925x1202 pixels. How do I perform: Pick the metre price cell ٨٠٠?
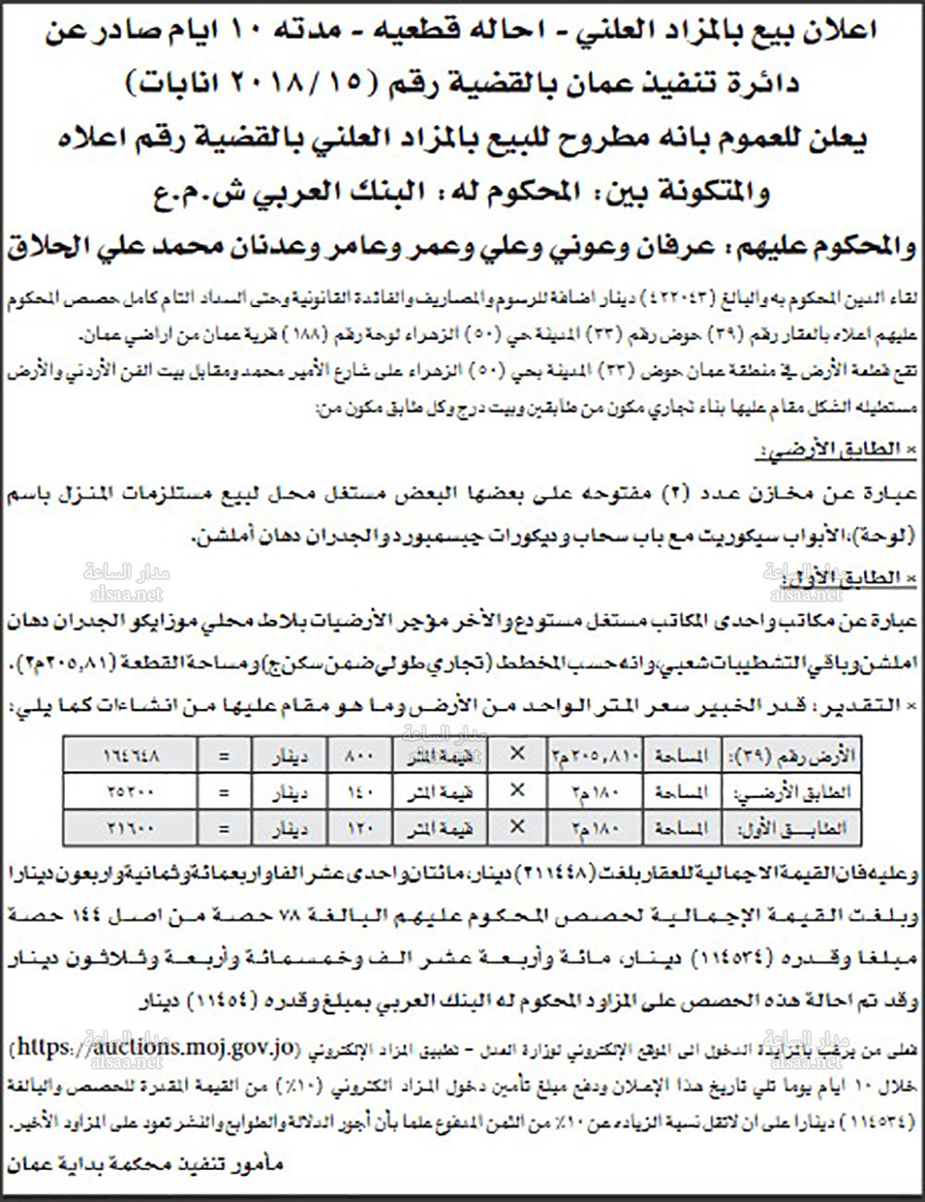(358, 755)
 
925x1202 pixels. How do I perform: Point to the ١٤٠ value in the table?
(358, 791)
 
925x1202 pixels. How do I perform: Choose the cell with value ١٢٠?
(358, 827)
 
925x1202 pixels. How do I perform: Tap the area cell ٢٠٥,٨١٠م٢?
(595, 755)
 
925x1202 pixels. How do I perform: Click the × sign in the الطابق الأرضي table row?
(517, 791)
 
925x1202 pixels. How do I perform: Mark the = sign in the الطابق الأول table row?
(223, 827)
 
